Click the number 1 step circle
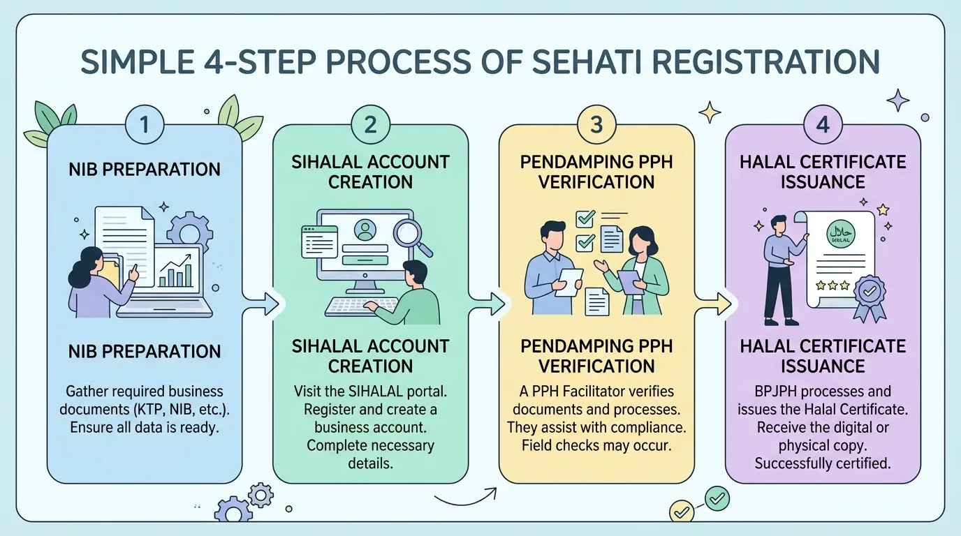tap(145, 125)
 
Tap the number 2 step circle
tap(371, 125)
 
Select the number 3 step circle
tap(596, 125)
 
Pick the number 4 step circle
tap(823, 125)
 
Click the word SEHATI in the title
tap(586, 61)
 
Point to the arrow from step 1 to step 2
tap(261, 304)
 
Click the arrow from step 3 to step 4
tap(713, 304)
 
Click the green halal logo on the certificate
tap(841, 234)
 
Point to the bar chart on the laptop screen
tap(176, 270)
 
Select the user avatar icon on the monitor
tap(365, 230)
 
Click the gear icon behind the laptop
tap(190, 232)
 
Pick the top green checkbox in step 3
tap(585, 218)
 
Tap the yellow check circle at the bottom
tap(681, 511)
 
